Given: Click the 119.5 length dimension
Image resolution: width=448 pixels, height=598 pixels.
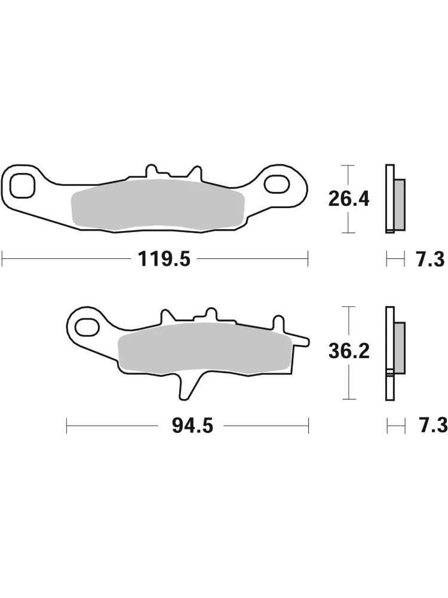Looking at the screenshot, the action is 164,259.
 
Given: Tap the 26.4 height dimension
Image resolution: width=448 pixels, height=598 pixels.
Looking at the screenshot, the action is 349,199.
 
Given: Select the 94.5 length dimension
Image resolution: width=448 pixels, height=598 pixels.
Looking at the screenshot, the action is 192,426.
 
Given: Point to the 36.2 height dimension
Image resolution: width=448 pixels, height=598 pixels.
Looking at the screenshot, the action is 349,351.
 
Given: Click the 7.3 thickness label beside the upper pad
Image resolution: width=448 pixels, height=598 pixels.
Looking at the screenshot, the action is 429,260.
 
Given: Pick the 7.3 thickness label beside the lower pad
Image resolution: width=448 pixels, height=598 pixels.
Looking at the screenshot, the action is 430,426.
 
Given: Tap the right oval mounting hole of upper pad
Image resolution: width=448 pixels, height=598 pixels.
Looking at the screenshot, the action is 277,184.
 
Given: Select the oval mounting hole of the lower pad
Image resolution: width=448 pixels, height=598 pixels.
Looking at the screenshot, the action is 87,327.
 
